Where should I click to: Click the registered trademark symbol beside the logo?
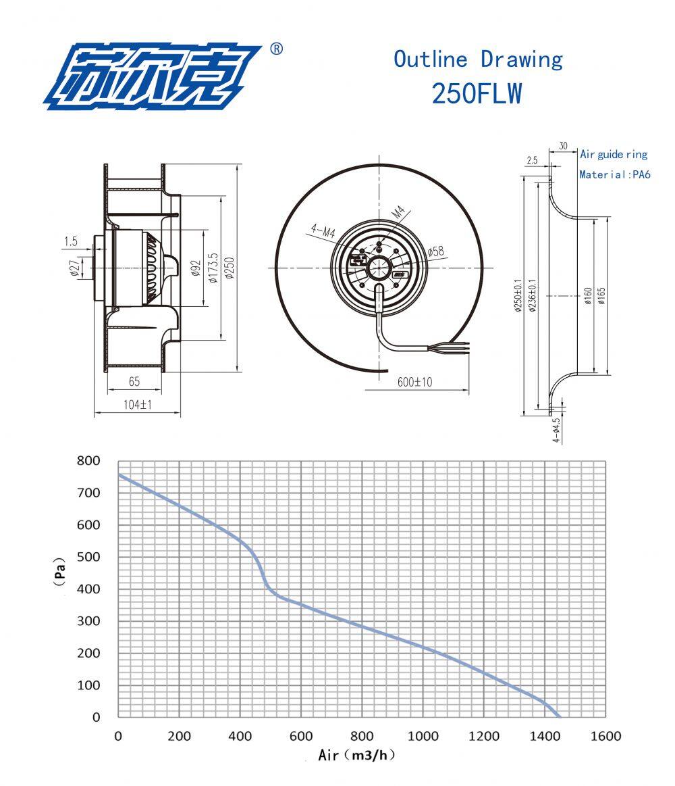(x=276, y=49)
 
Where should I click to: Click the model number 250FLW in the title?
(x=477, y=94)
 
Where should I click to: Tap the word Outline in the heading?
(x=430, y=59)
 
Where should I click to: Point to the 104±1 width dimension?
(x=138, y=404)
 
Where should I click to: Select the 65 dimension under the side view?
(x=134, y=381)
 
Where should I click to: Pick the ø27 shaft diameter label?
(x=74, y=268)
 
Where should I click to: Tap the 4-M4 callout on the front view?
(x=323, y=230)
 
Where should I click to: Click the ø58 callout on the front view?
(x=435, y=251)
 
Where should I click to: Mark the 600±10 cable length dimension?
(x=414, y=382)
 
